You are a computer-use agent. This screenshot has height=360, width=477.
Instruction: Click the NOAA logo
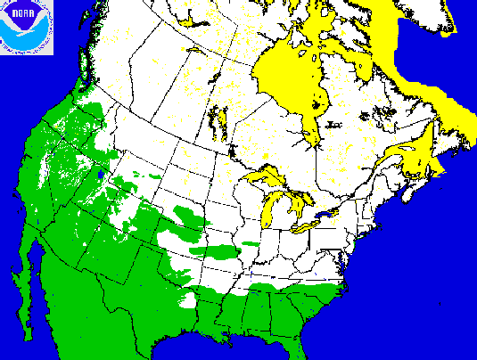point(27,28)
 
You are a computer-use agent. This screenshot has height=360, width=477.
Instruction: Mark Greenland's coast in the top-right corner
point(446,18)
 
